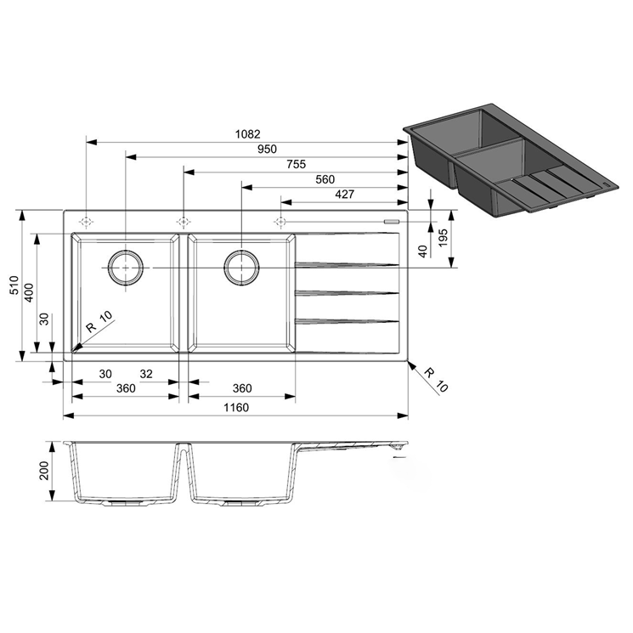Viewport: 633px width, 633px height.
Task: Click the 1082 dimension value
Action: [248, 133]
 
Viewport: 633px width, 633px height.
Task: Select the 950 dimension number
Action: [268, 149]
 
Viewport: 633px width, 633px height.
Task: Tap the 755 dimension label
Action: [297, 164]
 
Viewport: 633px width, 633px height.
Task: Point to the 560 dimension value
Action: [325, 178]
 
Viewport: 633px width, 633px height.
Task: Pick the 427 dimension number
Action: [345, 195]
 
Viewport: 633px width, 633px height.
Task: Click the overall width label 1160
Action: [236, 407]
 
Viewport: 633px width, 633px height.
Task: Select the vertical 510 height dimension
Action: [14, 285]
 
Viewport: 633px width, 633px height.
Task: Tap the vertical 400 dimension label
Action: [30, 292]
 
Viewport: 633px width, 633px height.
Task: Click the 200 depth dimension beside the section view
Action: [43, 471]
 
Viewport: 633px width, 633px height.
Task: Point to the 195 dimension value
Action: [444, 238]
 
